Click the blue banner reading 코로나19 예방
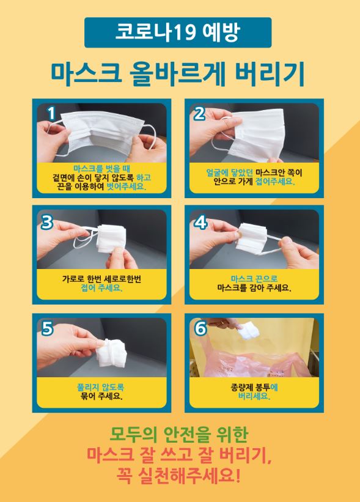click(178, 32)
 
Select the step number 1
click(51, 113)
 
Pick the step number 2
click(200, 113)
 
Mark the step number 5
click(47, 329)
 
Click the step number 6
click(200, 329)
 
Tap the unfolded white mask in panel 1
click(101, 130)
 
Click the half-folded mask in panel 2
click(257, 131)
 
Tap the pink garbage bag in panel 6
click(244, 366)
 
